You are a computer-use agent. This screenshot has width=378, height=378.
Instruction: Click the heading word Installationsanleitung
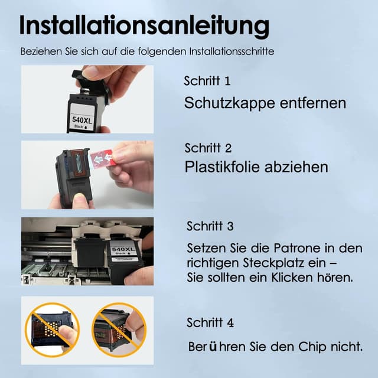pos(145,26)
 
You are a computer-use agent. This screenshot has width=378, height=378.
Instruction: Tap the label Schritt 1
pos(207,80)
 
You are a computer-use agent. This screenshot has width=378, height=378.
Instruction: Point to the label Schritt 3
pos(210,226)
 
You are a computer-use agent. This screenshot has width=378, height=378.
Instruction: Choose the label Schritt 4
pos(210,323)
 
